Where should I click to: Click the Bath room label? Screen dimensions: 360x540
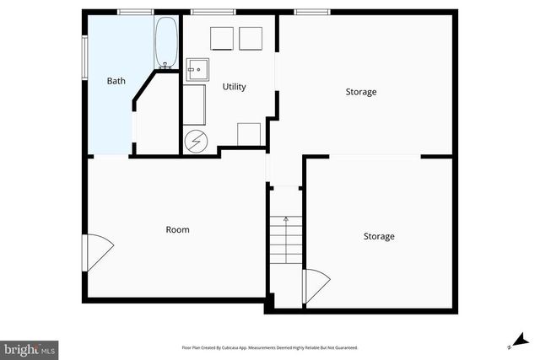click(x=116, y=82)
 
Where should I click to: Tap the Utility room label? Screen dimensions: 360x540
click(x=234, y=87)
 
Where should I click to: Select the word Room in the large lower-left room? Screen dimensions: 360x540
click(x=177, y=229)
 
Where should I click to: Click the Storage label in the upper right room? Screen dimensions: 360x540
click(x=360, y=92)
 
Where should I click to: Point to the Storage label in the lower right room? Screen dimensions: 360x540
click(x=378, y=237)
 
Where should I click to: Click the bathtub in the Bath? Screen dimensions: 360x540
click(x=165, y=43)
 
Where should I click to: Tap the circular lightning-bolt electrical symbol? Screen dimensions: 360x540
click(x=196, y=142)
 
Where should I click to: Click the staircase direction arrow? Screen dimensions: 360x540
click(x=286, y=221)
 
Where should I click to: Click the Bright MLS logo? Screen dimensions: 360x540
click(x=30, y=348)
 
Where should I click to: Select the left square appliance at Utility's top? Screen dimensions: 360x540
click(x=221, y=40)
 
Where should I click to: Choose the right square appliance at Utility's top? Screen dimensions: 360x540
click(x=251, y=40)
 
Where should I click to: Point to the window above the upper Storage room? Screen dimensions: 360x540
click(x=311, y=12)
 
